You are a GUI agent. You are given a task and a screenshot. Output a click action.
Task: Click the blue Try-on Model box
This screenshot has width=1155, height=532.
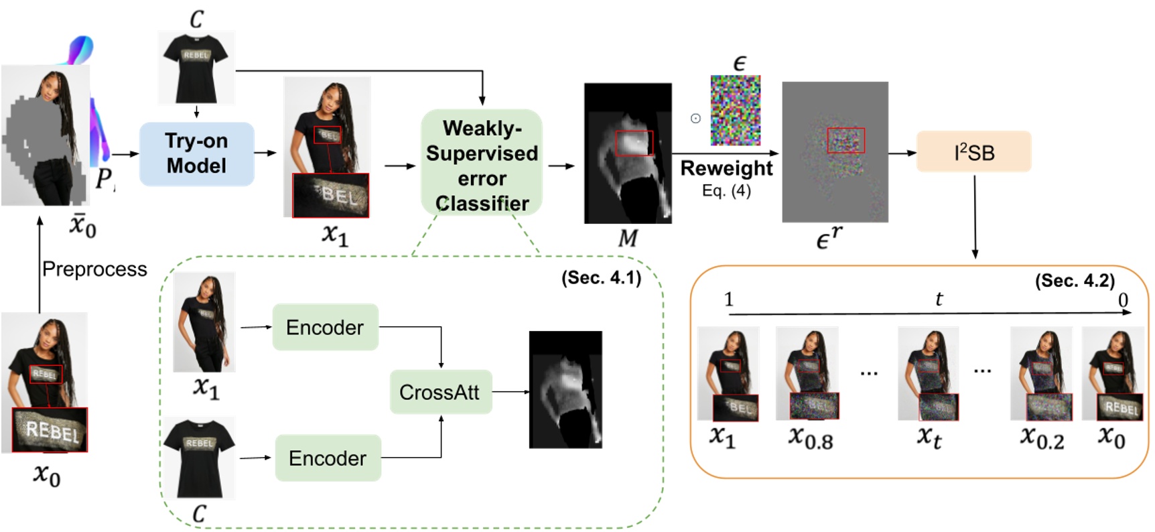tap(196, 153)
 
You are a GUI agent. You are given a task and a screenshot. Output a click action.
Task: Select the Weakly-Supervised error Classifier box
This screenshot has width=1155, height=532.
tap(481, 163)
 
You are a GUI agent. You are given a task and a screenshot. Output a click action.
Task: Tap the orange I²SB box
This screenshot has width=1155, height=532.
tap(973, 152)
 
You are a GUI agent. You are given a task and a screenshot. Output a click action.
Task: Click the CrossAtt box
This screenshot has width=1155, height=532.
tap(440, 392)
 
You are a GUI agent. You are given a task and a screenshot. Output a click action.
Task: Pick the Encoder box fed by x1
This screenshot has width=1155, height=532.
tap(325, 327)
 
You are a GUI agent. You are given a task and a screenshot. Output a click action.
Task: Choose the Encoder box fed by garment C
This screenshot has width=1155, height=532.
tap(328, 458)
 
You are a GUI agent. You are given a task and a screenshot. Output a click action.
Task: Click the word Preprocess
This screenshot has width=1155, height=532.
tap(94, 269)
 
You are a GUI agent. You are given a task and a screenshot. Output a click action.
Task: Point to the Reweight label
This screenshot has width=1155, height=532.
tap(726, 168)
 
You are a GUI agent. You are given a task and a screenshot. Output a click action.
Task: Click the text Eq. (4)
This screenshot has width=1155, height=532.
tap(726, 191)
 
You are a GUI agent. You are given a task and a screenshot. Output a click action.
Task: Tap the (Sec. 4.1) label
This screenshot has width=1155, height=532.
tap(601, 278)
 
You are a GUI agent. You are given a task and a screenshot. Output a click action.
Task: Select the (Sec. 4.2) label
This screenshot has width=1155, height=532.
tap(1075, 281)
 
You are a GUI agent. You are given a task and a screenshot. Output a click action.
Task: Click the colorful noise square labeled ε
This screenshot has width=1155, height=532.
tap(735, 110)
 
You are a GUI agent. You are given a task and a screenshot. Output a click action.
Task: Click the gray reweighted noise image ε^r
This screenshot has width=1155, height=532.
tap(835, 152)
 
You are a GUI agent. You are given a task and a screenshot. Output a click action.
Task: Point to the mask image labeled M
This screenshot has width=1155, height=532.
tap(628, 153)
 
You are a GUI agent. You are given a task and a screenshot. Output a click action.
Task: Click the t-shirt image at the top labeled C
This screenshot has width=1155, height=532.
tap(196, 67)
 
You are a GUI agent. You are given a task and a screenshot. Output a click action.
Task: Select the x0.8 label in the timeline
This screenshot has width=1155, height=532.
tap(810, 438)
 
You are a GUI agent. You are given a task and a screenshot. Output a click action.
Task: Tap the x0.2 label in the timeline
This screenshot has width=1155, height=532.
tap(1042, 438)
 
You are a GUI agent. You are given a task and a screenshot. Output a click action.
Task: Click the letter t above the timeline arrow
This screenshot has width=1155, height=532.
tap(939, 299)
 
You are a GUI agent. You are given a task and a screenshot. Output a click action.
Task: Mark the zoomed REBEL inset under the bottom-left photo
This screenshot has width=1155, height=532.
tap(50, 430)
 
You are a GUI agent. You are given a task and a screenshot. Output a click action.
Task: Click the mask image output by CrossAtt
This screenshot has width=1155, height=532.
tap(565, 389)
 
